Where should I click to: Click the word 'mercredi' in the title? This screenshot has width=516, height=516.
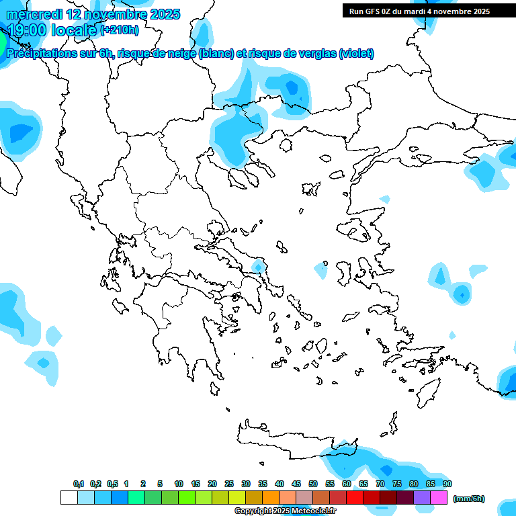pyautogui.click(x=34, y=14)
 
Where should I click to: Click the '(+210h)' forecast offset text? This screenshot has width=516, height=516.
pyautogui.click(x=120, y=30)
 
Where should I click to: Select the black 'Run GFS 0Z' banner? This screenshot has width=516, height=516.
pyautogui.click(x=429, y=11)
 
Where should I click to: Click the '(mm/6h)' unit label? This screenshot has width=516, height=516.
pyautogui.click(x=468, y=499)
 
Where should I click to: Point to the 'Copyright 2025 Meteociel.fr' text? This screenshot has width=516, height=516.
pyautogui.click(x=285, y=511)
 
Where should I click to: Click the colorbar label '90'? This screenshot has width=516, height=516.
pyautogui.click(x=447, y=484)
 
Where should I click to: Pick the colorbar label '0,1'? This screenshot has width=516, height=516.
pyautogui.click(x=78, y=484)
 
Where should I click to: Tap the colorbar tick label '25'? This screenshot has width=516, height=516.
pyautogui.click(x=228, y=484)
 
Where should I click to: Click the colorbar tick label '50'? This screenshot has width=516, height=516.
pyautogui.click(x=313, y=484)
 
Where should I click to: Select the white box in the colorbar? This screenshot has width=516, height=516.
pyautogui.click(x=69, y=497)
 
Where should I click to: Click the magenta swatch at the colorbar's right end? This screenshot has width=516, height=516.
pyautogui.click(x=439, y=497)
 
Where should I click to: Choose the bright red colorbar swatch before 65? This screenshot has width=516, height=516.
pyautogui.click(x=355, y=497)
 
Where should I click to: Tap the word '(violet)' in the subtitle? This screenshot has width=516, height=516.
pyautogui.click(x=356, y=54)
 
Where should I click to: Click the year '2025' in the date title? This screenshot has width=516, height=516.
pyautogui.click(x=161, y=14)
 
